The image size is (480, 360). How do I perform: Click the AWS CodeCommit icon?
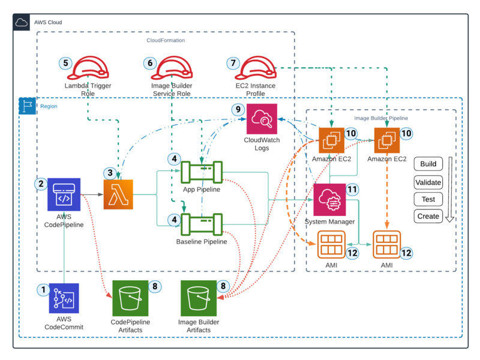click(x=64, y=299)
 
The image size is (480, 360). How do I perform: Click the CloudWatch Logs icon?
click(x=262, y=118)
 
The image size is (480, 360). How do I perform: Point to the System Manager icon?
click(x=329, y=199)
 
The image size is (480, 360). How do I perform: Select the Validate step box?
click(x=428, y=182)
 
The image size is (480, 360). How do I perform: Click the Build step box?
click(x=428, y=164)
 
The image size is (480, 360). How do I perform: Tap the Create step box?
click(x=428, y=216)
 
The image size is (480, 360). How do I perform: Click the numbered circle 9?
click(x=238, y=110)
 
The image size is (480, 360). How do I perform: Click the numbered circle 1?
click(x=43, y=290)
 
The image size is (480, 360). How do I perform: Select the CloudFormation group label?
click(x=166, y=40)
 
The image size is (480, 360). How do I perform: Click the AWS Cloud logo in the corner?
click(x=22, y=22)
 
